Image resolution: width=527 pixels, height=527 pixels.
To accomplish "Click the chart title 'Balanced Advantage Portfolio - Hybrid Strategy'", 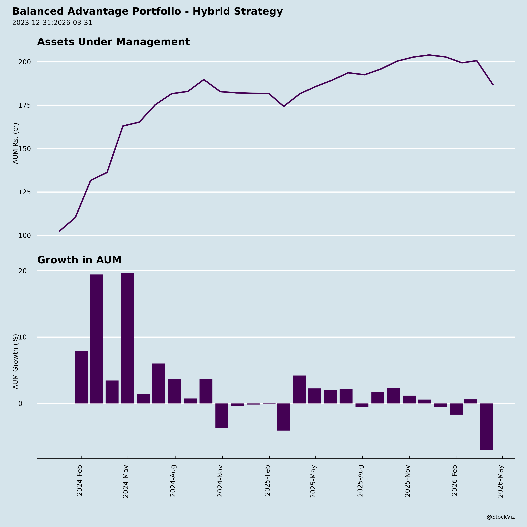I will pyautogui.click(x=147, y=11).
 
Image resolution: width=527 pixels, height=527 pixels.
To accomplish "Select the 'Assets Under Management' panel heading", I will pyautogui.click(x=113, y=42).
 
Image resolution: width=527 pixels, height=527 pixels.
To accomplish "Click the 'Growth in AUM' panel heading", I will pyautogui.click(x=79, y=260).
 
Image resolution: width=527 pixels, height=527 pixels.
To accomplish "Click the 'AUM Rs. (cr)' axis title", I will pyautogui.click(x=16, y=143).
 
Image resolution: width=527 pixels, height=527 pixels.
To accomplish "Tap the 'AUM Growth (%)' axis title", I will pyautogui.click(x=16, y=361).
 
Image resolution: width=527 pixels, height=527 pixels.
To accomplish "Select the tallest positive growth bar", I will pyautogui.click(x=127, y=338).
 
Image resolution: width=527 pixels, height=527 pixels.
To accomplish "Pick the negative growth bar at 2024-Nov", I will pyautogui.click(x=222, y=415).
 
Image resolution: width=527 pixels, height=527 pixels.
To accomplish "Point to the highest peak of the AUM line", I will pyautogui.click(x=429, y=55).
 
